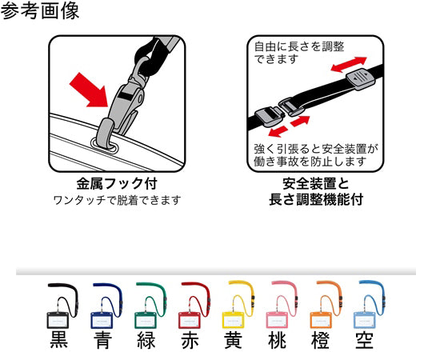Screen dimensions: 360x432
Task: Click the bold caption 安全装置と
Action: [x=316, y=183]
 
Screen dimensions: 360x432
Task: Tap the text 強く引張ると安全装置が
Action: [x=316, y=147]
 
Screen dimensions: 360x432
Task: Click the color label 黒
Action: [x=59, y=339]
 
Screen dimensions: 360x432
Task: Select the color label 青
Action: [x=102, y=339]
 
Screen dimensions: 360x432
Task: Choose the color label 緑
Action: [x=146, y=339]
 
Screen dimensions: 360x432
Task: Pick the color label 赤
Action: [x=190, y=339]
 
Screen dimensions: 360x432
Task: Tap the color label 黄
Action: [x=234, y=339]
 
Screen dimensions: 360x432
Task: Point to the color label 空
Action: [x=366, y=339]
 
